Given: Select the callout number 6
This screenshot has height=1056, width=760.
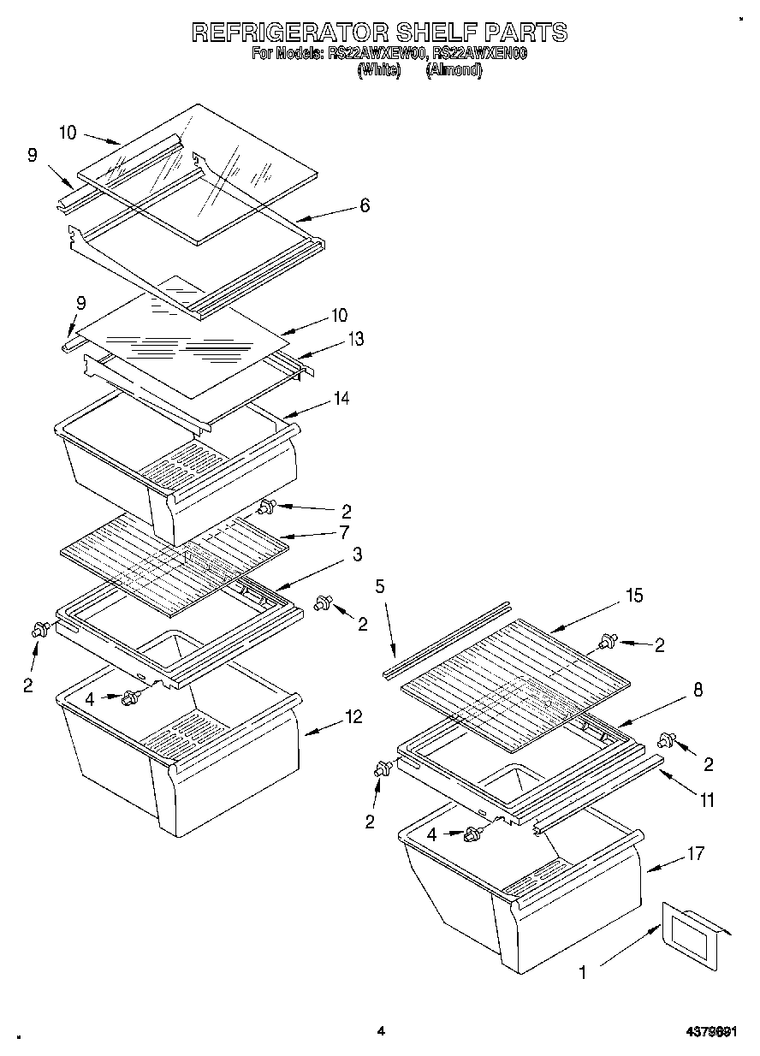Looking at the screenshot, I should [365, 205].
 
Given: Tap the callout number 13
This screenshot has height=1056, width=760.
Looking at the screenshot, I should [355, 340].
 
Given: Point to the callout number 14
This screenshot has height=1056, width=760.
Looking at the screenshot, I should [341, 398].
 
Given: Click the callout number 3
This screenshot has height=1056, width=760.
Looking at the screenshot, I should [357, 555].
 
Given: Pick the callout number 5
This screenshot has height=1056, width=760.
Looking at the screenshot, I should [381, 587].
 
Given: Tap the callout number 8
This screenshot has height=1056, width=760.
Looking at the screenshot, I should [698, 690].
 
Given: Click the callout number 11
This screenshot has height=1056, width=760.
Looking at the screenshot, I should [706, 801].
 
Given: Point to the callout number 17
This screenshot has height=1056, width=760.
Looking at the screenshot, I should [695, 852].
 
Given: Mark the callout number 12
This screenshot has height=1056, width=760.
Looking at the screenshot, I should [353, 716].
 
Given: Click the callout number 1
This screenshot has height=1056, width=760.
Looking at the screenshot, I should [583, 972].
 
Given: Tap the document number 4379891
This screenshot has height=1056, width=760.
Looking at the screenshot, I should [711, 1032].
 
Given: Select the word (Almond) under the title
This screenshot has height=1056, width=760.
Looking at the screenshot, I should [454, 71].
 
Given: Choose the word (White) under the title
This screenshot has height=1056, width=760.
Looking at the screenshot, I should [378, 71].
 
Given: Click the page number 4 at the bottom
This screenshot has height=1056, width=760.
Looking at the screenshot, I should [380, 1032].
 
